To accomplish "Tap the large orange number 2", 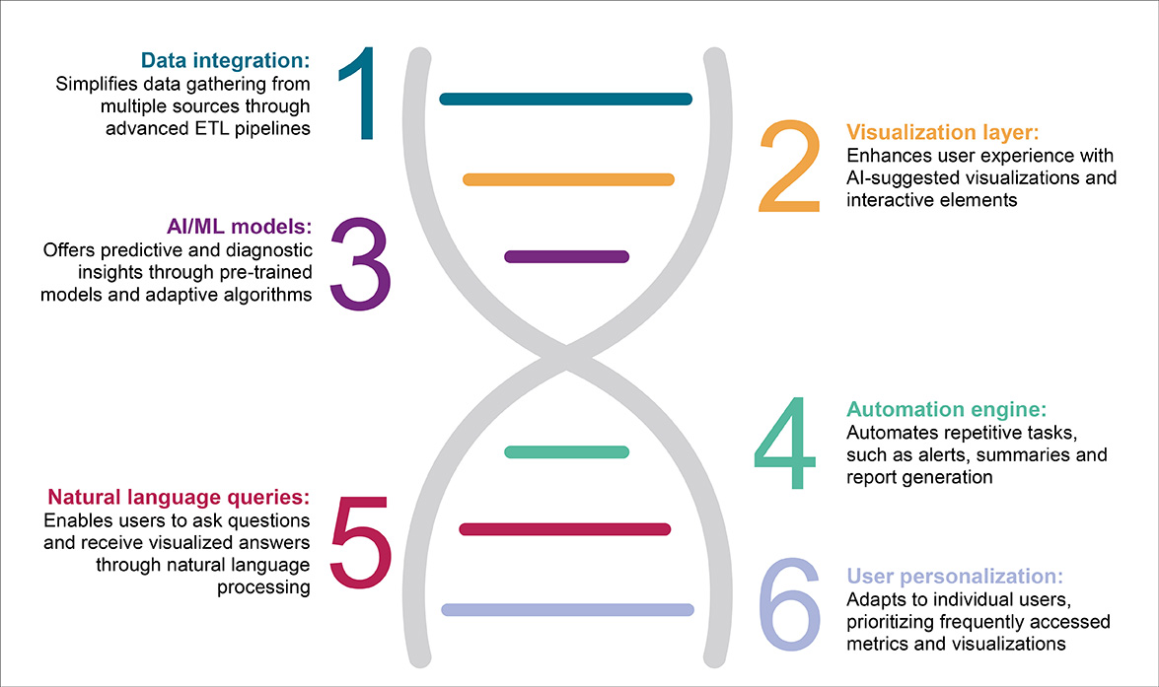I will tap(789, 168).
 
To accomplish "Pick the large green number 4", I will tap(785, 446).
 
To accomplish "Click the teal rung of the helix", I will tap(566, 99).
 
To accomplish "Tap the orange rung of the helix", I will tap(568, 179).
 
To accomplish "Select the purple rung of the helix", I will tap(566, 256).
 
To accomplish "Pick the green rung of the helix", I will tap(566, 451).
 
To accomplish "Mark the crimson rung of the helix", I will tap(565, 529).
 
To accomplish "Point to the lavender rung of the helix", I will tap(568, 609).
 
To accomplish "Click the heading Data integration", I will tap(225, 59).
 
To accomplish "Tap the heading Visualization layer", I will tap(944, 131).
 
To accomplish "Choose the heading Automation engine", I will tap(946, 409).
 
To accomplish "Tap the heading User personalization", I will tap(955, 576).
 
